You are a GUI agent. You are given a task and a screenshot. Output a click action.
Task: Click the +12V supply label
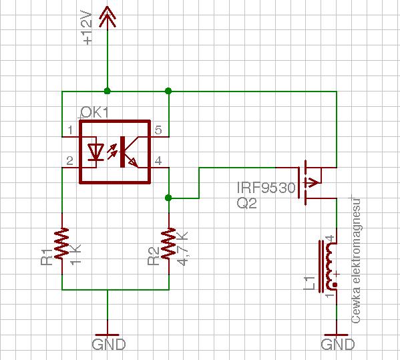87,27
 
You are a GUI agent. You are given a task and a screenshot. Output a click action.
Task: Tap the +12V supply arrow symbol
108,18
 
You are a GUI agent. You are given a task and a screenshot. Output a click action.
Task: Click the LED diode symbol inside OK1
95,152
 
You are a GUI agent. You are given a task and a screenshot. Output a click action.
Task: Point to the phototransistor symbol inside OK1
129,152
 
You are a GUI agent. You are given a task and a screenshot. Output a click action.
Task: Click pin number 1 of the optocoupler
70,130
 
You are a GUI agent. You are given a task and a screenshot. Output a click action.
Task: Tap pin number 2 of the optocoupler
69,161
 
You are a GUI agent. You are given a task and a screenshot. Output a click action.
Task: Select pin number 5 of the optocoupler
158,130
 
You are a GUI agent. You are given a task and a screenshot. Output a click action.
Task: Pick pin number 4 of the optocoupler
158,161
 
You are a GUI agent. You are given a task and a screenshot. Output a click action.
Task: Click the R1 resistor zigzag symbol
62,244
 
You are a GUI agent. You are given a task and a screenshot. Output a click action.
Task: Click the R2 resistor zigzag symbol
169,244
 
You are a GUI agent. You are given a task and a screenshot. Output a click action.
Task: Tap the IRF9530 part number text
266,188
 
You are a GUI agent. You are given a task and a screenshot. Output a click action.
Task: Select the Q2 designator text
246,203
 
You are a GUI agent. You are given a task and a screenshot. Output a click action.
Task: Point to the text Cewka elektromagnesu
356,260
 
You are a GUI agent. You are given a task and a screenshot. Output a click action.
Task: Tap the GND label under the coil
337,345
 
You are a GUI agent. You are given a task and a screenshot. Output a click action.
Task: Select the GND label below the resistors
109,345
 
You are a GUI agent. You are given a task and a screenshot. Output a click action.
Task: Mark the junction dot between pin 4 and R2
168,198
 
